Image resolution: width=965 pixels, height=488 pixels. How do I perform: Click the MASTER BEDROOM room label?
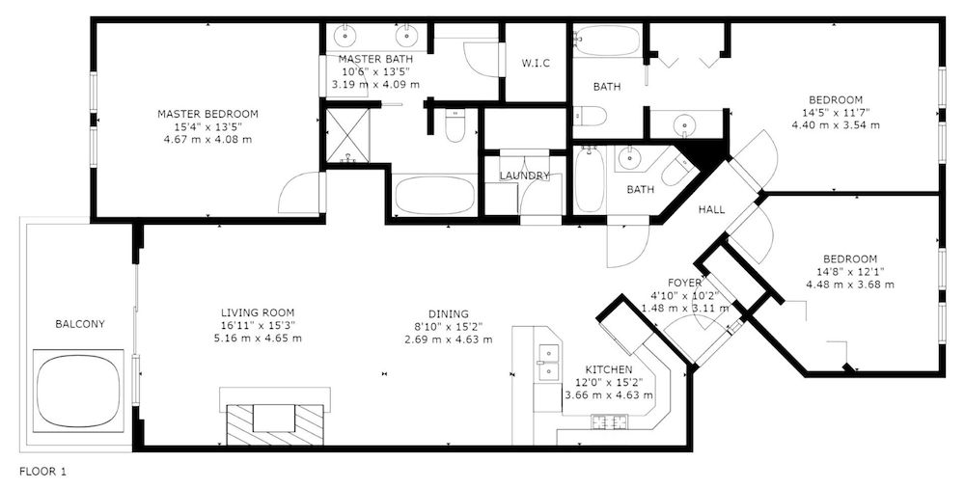[x=207, y=114]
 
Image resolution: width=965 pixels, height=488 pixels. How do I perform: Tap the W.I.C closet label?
[x=536, y=64]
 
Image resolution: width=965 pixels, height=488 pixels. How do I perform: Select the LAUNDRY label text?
[x=524, y=176]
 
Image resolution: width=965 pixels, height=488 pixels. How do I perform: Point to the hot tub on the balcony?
[x=81, y=391]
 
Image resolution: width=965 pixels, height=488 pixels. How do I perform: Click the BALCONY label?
[x=80, y=324]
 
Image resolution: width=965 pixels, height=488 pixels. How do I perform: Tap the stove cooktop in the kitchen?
[x=610, y=420]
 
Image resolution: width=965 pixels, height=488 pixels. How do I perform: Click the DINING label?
[x=449, y=313]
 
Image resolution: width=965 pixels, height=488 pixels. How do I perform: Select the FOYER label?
[x=683, y=283]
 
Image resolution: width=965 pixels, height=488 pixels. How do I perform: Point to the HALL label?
[x=712, y=209]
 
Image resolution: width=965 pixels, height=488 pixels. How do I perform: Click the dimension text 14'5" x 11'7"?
[x=836, y=112]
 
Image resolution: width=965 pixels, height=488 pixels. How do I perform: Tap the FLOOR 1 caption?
[x=42, y=473]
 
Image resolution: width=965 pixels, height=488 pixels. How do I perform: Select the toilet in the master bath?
[x=455, y=125]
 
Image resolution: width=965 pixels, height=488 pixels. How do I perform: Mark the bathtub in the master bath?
[x=434, y=196]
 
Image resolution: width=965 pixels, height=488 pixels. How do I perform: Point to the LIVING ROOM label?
[x=257, y=313]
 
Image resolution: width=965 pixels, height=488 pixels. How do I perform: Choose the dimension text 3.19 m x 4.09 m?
[x=375, y=84]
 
